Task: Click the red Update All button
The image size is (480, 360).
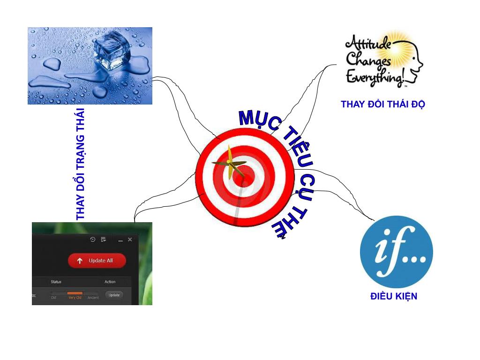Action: coord(97,261)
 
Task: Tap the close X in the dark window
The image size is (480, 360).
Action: coord(130,240)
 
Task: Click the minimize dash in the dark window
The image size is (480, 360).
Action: coord(120,240)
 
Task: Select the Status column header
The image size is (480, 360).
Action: coord(56,282)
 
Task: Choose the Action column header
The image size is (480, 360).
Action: coord(110,282)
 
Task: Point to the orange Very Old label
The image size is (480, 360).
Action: coord(75,298)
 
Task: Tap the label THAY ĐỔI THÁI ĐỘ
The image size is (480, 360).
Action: coord(382,105)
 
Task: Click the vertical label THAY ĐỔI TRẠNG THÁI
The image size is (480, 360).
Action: coord(81,164)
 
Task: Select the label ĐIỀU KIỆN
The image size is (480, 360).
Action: coord(393,296)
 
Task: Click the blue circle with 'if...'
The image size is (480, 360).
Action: coord(396,252)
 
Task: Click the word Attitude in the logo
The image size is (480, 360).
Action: coord(368,45)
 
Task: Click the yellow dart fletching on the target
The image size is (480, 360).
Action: coord(230,162)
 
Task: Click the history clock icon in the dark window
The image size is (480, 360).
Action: coord(93,240)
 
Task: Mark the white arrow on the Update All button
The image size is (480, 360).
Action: coord(80,261)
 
